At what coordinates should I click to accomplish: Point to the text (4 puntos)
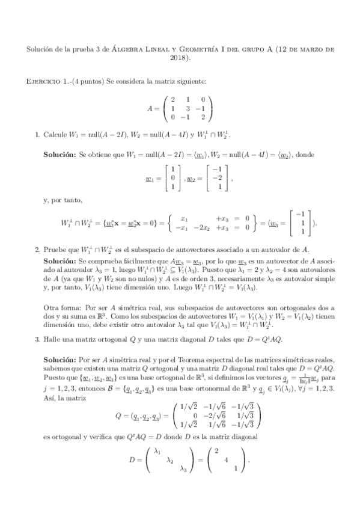coord(88,81)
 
